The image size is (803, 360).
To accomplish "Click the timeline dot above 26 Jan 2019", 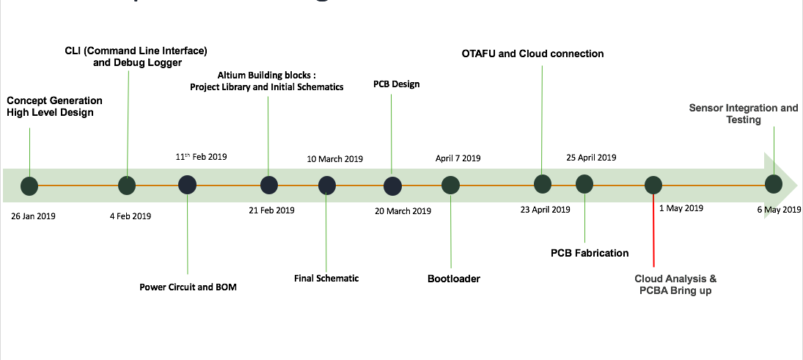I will [x=29, y=186].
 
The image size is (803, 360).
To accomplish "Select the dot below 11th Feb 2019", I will [x=187, y=185].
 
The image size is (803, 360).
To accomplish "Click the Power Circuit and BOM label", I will [x=188, y=287].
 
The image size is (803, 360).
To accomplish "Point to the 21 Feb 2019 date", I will [x=271, y=210].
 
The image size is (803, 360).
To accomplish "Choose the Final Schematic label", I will [x=326, y=278].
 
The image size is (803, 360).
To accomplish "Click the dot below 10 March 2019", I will [x=327, y=185].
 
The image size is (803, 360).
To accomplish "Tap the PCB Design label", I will [x=396, y=84].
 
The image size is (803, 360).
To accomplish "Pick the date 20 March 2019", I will [x=403, y=211].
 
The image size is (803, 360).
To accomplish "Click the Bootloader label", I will [x=454, y=279].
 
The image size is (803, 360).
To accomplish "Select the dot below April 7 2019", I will [x=450, y=185].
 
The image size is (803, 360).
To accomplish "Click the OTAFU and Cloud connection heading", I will [x=532, y=54].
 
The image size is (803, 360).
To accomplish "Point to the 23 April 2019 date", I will [x=545, y=210].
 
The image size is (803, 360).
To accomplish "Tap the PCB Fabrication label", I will [x=590, y=253].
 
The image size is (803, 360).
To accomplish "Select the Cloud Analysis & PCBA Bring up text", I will [x=675, y=284].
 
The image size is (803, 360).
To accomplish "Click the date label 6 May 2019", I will [x=779, y=210].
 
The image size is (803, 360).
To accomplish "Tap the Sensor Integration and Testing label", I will [x=744, y=114].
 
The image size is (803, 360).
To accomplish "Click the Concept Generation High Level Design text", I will [x=54, y=106].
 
